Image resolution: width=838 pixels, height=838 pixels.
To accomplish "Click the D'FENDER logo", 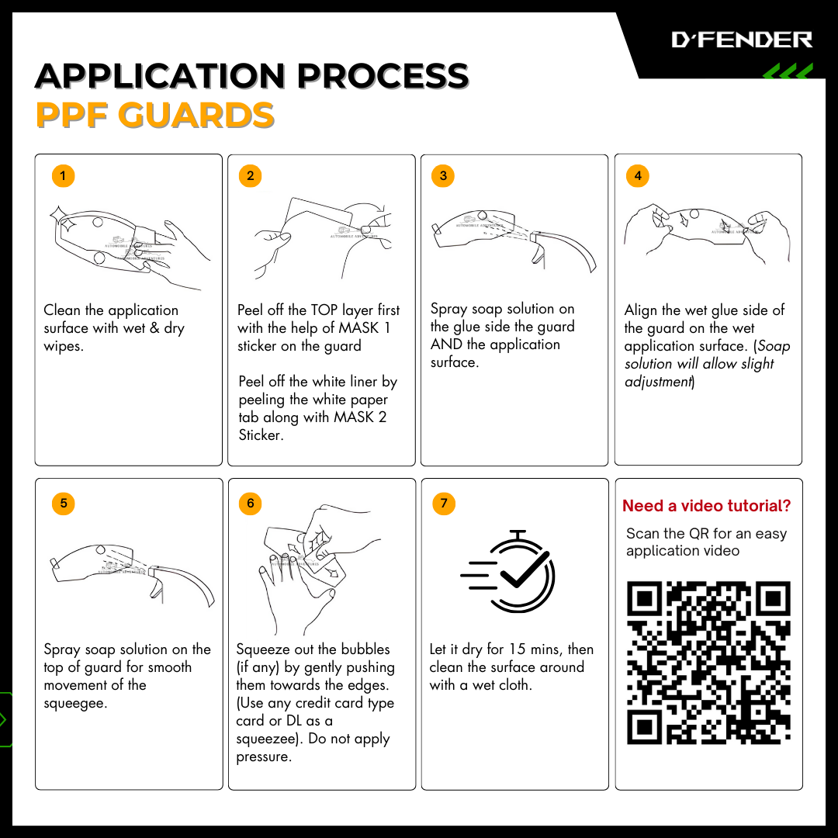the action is point(742,40).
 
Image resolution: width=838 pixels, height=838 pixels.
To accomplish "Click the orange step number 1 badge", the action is point(63,176).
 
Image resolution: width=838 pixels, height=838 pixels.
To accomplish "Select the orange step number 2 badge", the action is point(250,176).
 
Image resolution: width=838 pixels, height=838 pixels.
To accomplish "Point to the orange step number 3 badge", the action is point(443,176).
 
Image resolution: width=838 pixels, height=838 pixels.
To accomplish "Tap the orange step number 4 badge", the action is point(638,176).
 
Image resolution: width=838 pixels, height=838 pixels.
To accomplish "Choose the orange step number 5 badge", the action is point(63,504).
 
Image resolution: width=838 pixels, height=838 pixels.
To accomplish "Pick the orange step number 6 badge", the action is point(250,504).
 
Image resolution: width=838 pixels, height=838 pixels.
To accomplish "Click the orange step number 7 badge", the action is point(444,504).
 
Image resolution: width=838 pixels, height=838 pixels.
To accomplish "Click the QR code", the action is point(708,663).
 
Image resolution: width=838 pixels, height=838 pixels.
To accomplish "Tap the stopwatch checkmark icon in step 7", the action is point(507,571).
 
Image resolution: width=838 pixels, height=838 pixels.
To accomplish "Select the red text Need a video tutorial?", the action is point(707,506).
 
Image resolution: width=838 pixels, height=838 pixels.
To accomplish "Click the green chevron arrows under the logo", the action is point(788,71).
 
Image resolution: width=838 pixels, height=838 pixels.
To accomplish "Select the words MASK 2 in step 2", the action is point(360,417).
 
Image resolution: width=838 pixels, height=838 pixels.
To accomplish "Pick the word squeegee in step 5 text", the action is point(75,703).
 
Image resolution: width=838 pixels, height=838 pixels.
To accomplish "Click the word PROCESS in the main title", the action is point(383,75).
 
